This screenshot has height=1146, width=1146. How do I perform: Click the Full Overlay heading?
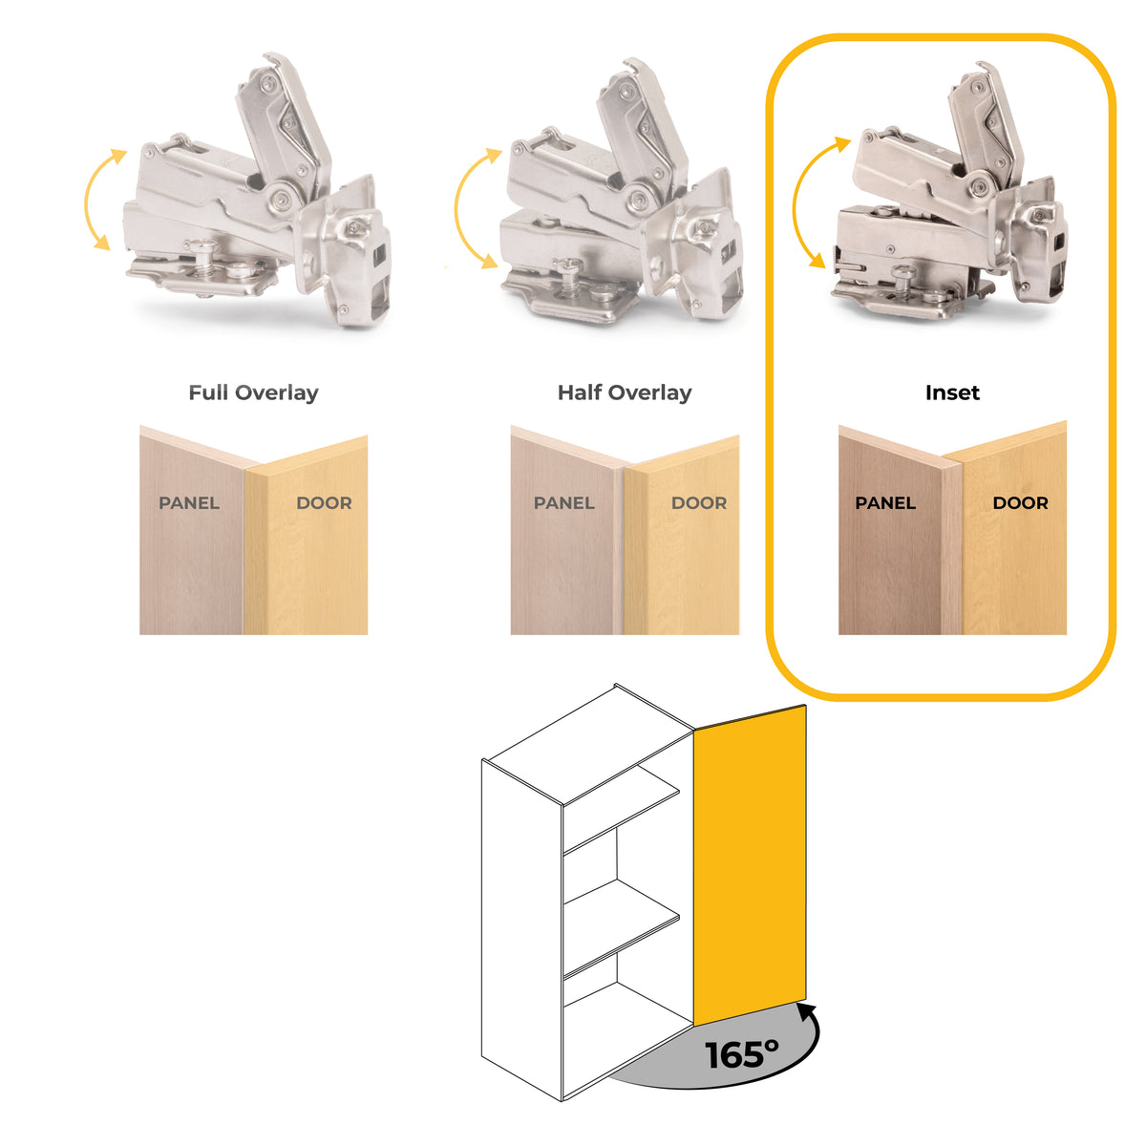tap(253, 393)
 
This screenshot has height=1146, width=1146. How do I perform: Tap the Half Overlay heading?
tap(625, 393)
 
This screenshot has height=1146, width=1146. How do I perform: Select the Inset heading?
tap(952, 393)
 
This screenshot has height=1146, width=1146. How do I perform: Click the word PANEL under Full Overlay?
tap(189, 503)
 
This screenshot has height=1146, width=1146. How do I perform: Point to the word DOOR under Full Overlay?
tap(324, 503)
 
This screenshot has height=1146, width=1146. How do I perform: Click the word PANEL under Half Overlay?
tap(563, 503)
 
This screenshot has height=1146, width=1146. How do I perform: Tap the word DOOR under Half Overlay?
tap(699, 503)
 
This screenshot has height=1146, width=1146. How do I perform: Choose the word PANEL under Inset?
tap(885, 503)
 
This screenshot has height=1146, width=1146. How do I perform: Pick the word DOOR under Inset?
tap(1020, 503)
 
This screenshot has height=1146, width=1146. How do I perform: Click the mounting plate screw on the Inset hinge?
tap(903, 277)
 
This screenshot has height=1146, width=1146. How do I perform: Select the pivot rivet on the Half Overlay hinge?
tap(638, 200)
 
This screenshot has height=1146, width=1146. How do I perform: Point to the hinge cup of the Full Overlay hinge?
tap(345, 250)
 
